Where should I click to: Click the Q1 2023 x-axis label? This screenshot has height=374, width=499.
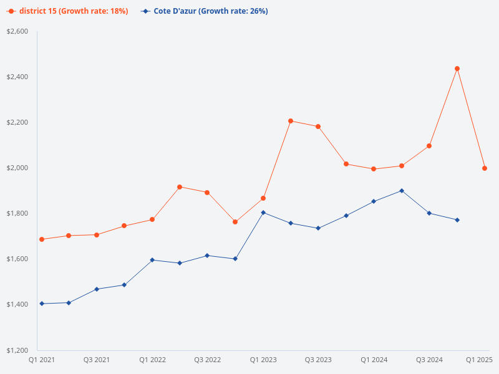pos(263,360)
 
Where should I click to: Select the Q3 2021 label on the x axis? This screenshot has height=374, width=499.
pos(97,360)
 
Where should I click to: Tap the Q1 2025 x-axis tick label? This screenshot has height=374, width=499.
pos(480,360)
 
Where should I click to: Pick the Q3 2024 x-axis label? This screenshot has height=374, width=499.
pos(429,360)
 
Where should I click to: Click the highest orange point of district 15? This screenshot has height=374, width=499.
pos(457,69)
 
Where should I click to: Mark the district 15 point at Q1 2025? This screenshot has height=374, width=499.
pos(485,168)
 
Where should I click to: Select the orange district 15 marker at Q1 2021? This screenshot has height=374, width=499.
pos(41,239)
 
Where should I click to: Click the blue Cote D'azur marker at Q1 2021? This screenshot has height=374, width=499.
pos(41,304)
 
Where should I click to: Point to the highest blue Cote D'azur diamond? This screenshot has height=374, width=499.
pos(402,191)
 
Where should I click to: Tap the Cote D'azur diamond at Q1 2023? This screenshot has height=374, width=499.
pos(263,213)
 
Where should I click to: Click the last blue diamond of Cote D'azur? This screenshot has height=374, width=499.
pos(457,220)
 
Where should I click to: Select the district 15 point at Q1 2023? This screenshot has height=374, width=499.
pos(263,198)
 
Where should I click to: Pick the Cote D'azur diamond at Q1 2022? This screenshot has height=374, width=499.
pos(152,260)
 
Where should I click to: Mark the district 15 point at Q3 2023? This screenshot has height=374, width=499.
pos(318,127)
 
